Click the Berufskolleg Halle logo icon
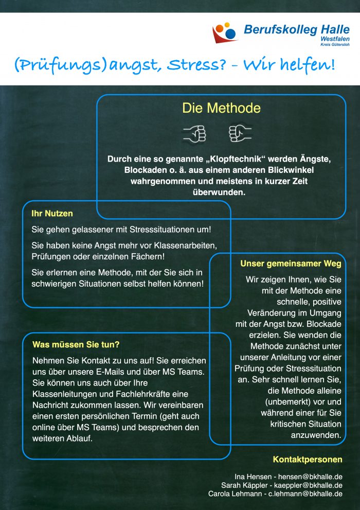(225, 33)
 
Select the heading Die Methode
(221, 109)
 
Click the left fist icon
(195, 133)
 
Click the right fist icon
(240, 133)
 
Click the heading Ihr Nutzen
(52, 213)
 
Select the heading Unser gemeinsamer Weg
(291, 264)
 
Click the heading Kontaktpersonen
(307, 460)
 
